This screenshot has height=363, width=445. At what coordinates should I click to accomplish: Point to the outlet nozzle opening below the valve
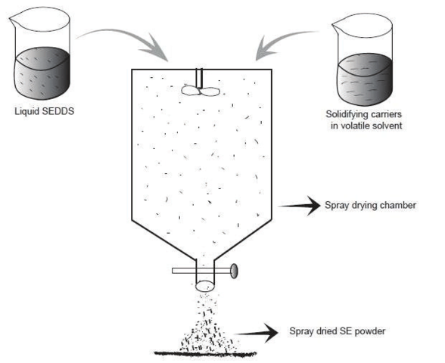click(x=206, y=287)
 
